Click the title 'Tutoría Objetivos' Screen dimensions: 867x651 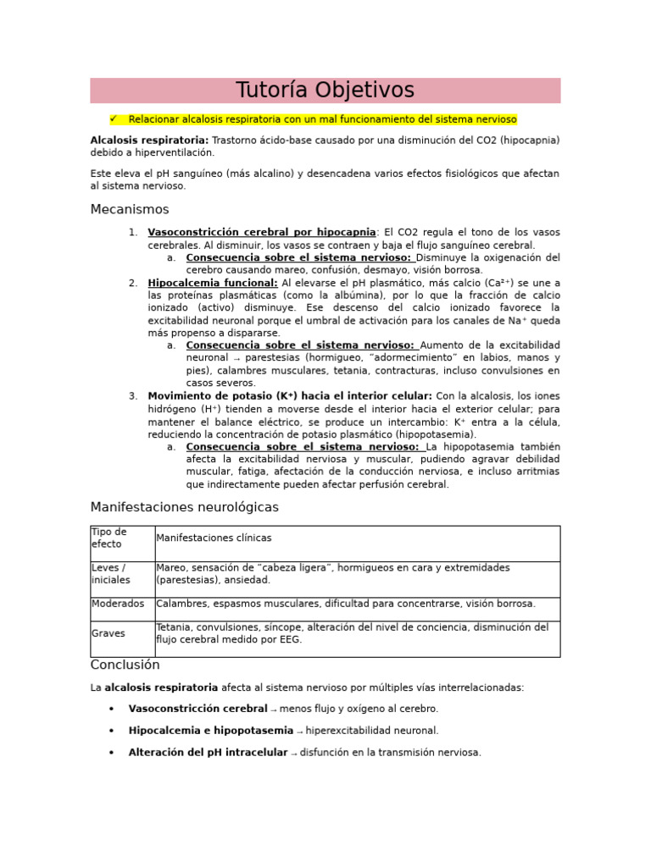click(325, 91)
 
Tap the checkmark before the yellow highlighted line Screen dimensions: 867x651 click(114, 119)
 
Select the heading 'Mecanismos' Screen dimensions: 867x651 click(130, 209)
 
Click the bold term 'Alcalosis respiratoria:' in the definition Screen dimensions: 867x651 click(149, 140)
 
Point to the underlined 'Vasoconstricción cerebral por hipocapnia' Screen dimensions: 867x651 click(261, 232)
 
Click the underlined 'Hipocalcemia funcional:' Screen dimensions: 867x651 click(213, 283)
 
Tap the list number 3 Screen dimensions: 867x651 click(133, 396)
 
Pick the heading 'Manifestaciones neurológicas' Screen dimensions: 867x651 click(184, 507)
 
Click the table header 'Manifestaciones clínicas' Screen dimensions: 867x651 click(214, 538)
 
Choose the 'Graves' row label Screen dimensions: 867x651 click(108, 633)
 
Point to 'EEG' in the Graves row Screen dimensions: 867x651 click(290, 640)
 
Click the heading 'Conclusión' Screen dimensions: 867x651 click(125, 665)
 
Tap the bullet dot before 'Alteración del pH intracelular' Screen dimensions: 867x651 click(112, 752)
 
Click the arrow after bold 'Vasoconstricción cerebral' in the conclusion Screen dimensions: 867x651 click(274, 710)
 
